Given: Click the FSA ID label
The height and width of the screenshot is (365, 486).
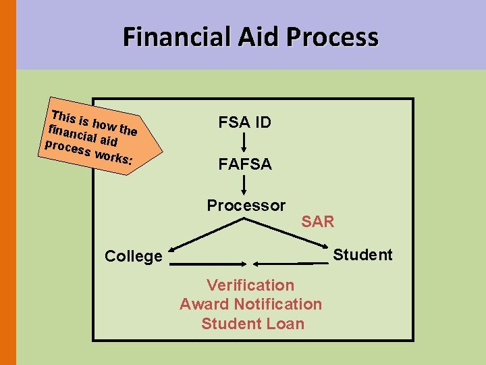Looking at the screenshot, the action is pyautogui.click(x=244, y=122).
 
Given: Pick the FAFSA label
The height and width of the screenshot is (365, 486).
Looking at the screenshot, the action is pyautogui.click(x=245, y=164).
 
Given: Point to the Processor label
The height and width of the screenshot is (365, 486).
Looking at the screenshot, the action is pyautogui.click(x=246, y=205).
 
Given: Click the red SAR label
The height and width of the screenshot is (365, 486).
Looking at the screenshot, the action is pyautogui.click(x=317, y=222).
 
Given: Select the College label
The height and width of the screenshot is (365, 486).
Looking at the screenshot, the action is pyautogui.click(x=134, y=256).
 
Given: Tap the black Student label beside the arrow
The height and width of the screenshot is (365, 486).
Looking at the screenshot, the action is pyautogui.click(x=362, y=255).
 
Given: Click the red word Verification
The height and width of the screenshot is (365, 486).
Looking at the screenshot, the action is pyautogui.click(x=250, y=285).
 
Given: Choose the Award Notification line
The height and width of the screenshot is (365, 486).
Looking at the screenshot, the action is pyautogui.click(x=250, y=304).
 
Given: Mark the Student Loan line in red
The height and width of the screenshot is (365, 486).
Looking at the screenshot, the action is pyautogui.click(x=252, y=324).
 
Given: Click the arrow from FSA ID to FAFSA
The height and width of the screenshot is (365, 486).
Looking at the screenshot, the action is pyautogui.click(x=244, y=143).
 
